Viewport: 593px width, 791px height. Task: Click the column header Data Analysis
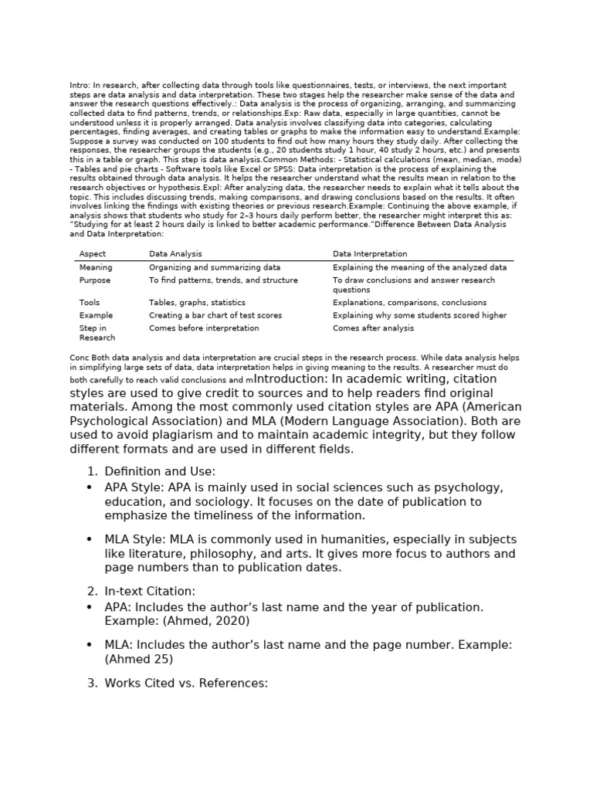[175, 253]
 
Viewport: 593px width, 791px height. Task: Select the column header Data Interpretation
[370, 253]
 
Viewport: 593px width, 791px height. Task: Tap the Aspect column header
[93, 253]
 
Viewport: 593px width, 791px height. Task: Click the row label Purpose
[95, 280]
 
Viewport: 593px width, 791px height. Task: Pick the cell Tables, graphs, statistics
[197, 303]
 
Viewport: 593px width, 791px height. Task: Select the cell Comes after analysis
[373, 328]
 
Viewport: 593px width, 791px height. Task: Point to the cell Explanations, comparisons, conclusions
[409, 303]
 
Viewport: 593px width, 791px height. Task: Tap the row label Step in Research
[97, 333]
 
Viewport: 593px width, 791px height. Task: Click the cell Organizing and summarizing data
[215, 267]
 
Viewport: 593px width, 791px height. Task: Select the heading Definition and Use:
[160, 471]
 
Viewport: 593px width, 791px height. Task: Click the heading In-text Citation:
[150, 591]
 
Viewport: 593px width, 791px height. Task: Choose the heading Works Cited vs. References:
[186, 683]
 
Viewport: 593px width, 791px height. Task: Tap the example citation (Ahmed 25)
[139, 659]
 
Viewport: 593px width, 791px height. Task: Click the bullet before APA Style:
[90, 487]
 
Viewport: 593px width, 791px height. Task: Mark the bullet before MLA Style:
[90, 539]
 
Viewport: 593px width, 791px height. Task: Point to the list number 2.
[92, 591]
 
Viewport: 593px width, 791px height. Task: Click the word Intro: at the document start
[80, 85]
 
